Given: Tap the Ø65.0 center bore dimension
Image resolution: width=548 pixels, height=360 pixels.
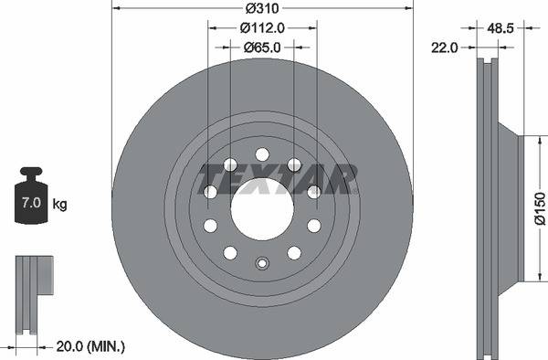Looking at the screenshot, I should [261, 45].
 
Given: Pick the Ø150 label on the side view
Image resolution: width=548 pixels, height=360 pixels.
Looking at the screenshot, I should [539, 209].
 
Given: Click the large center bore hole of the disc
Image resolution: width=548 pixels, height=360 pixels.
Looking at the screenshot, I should [262, 208].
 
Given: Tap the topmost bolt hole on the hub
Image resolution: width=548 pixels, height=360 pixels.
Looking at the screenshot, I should [262, 153].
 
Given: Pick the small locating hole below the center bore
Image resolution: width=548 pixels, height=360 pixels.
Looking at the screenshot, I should [262, 266].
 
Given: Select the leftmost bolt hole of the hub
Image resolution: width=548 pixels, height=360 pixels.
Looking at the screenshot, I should [210, 192].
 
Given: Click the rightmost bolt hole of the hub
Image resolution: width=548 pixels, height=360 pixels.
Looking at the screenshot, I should [314, 192].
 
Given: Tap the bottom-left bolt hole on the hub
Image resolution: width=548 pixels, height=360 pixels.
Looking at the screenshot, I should [230, 253].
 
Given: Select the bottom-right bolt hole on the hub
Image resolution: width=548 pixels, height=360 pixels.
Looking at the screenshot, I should [294, 253].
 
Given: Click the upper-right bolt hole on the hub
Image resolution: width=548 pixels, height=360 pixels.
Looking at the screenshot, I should [294, 164].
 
